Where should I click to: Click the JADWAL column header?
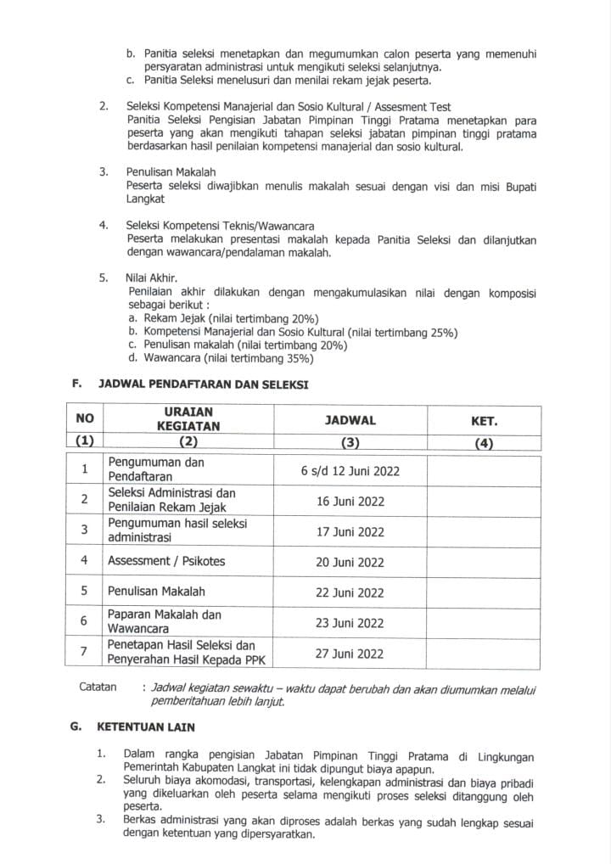[x=350, y=420]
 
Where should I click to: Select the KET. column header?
[x=484, y=420]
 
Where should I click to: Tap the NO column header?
[x=85, y=419]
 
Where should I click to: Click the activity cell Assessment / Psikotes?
[x=166, y=562]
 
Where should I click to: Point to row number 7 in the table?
[x=85, y=654]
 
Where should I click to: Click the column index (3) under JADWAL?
[x=350, y=442]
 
